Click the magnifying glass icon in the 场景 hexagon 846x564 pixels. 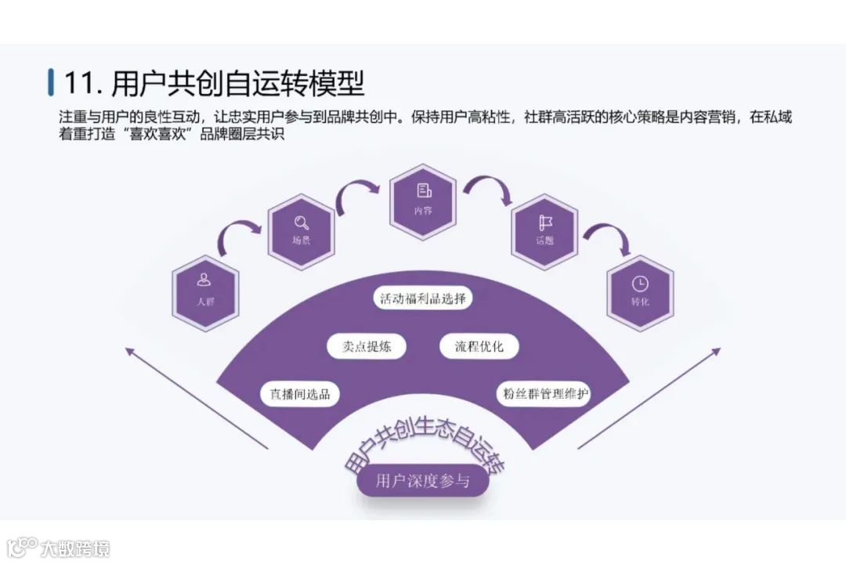[x=302, y=221]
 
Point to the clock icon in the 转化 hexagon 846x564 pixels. [x=640, y=282]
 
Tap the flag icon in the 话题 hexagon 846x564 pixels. [x=545, y=222]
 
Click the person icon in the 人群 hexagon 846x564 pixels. [x=204, y=280]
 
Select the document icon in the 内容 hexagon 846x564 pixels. [x=424, y=190]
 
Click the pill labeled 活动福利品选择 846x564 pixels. [x=423, y=298]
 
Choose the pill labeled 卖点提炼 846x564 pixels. [x=367, y=346]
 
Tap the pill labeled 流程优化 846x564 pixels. [x=479, y=346]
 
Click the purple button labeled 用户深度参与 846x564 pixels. [x=423, y=481]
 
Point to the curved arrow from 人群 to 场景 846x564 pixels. [x=239, y=233]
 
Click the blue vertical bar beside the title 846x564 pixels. [x=51, y=82]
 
